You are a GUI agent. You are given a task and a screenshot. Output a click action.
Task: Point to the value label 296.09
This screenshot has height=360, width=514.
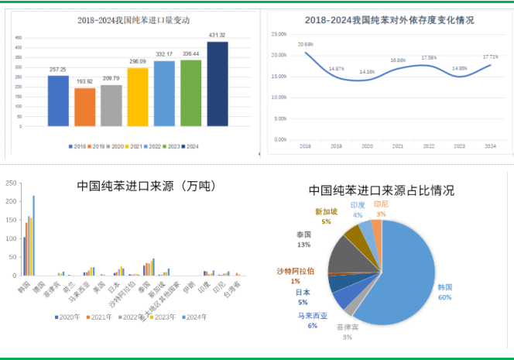(138, 61)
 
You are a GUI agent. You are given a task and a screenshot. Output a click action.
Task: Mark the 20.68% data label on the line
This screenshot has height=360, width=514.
(305, 44)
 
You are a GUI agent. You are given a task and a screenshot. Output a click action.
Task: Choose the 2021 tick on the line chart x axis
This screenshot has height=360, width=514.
(397, 146)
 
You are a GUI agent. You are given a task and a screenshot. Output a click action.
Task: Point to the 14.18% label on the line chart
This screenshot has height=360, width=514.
(367, 72)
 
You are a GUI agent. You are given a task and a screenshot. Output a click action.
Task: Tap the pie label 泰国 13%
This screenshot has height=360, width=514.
(303, 238)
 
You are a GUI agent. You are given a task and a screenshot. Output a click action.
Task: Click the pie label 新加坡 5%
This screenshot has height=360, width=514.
(326, 216)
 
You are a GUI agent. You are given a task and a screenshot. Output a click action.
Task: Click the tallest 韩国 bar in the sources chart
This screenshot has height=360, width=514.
(33, 235)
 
